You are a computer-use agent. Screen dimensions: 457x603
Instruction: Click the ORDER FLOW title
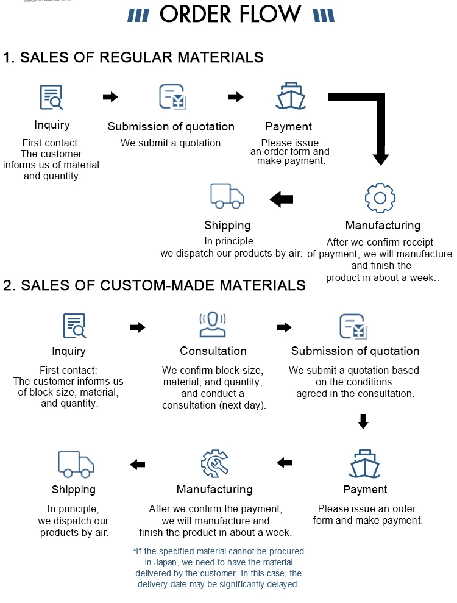tap(230, 14)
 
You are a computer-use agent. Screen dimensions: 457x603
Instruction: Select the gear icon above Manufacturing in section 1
tap(380, 198)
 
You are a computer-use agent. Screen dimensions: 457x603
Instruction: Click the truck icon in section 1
tap(227, 196)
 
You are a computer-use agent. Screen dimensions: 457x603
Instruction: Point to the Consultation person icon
tap(213, 324)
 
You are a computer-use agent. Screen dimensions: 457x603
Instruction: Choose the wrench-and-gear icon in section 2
tap(215, 463)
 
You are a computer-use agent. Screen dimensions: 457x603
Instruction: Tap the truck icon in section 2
tap(76, 464)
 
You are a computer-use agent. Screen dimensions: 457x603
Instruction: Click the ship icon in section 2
tap(364, 463)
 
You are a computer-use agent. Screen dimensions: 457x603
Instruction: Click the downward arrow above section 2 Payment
tap(363, 421)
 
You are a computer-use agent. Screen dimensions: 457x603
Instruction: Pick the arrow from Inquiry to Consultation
tap(138, 327)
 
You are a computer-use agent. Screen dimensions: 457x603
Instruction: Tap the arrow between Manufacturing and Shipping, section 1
tap(282, 199)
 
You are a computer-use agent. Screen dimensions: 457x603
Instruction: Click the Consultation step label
tap(213, 351)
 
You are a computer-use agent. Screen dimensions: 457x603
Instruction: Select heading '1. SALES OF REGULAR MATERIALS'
tap(133, 57)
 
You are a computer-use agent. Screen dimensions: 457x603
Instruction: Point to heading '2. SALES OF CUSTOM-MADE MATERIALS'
tap(154, 285)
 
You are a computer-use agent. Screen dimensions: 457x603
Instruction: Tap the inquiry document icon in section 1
tap(52, 97)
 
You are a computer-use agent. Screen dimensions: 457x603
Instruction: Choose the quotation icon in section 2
tap(353, 326)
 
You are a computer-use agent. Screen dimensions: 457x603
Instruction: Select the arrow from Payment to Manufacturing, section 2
tap(285, 463)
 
